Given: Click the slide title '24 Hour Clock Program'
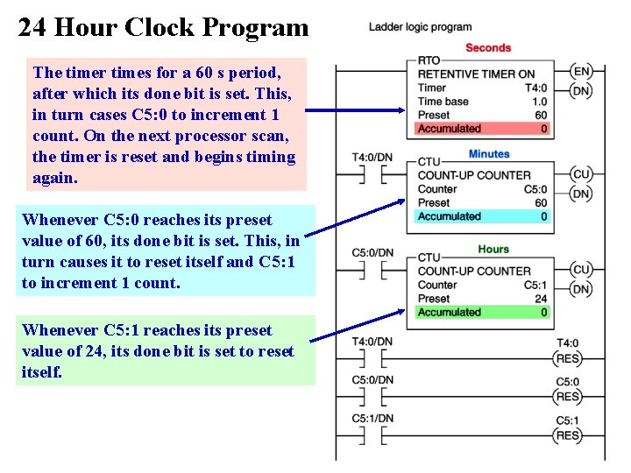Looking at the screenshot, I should coord(164,28).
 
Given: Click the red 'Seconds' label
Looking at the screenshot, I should coord(488,47).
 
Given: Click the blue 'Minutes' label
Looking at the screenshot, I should coord(489,154).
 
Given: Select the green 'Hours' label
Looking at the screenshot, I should coord(493,250).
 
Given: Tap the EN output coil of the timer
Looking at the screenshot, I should coord(580,72).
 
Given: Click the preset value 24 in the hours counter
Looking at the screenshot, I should coord(541,299).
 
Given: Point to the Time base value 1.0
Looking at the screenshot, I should coord(540,102).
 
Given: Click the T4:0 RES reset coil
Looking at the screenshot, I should coord(568,358).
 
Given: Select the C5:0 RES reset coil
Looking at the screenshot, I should coord(568,397).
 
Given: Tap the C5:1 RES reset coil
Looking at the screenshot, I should coord(568,435).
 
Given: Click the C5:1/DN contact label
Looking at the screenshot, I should coord(372,418).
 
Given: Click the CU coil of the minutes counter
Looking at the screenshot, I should coord(580,173).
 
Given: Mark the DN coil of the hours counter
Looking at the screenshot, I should coord(580,289).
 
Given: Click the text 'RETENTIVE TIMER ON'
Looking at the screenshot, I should coord(476,74).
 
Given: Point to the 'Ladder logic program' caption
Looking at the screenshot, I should coord(420,27).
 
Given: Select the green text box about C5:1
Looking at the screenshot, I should coord(166,350).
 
